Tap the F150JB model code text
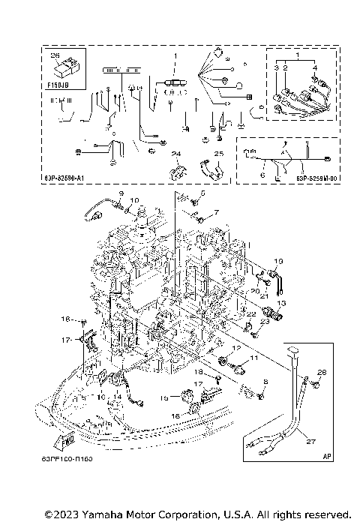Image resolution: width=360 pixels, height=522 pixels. [x=58, y=86]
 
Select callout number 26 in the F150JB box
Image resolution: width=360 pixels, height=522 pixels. [x=53, y=55]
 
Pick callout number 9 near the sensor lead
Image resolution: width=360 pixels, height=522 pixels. [x=119, y=194]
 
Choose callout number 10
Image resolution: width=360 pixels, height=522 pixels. [x=135, y=200]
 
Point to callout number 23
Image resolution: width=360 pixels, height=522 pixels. [x=264, y=322]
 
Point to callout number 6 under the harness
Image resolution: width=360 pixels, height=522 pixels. [x=262, y=175]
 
